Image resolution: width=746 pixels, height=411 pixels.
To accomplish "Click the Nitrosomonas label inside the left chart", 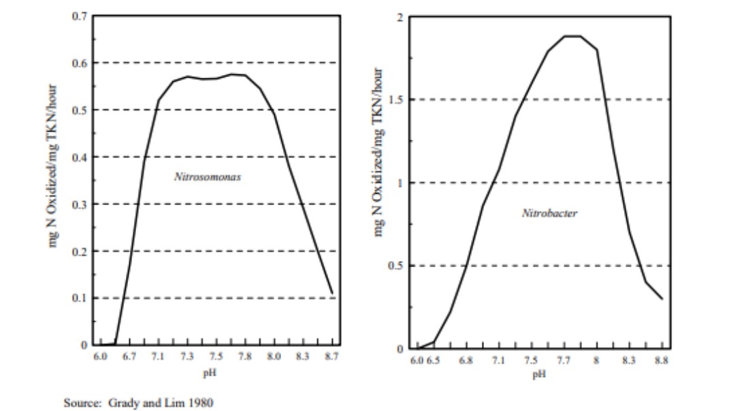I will tap(208, 177).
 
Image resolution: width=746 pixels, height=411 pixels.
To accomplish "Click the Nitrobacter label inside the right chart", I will tap(549, 213).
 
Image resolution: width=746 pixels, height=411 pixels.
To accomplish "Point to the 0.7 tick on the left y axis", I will tap(80, 16).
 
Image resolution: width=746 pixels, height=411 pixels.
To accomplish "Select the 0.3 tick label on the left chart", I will tap(80, 204).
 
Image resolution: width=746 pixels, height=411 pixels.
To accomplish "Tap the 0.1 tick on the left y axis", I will tap(80, 298).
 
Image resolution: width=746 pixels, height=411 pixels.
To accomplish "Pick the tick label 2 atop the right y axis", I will tap(401, 16).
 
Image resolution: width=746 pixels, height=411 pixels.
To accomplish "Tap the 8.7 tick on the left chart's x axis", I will tap(331, 356).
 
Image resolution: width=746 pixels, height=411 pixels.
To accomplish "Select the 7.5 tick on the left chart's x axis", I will tap(216, 356).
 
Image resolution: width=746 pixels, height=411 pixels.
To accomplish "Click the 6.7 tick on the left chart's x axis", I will tap(129, 356).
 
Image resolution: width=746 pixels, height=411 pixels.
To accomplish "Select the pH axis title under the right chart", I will tap(539, 374).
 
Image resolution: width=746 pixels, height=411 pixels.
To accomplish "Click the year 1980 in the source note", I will tap(201, 403).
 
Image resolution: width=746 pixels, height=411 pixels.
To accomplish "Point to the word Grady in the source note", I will tap(123, 403).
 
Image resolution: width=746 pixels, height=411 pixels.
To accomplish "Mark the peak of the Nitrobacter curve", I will tap(573, 36).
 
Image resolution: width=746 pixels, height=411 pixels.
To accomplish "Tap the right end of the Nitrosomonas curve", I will tap(332, 293).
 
